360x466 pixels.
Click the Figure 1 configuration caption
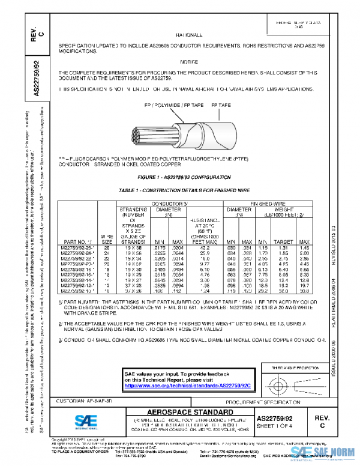click(x=184, y=178)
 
